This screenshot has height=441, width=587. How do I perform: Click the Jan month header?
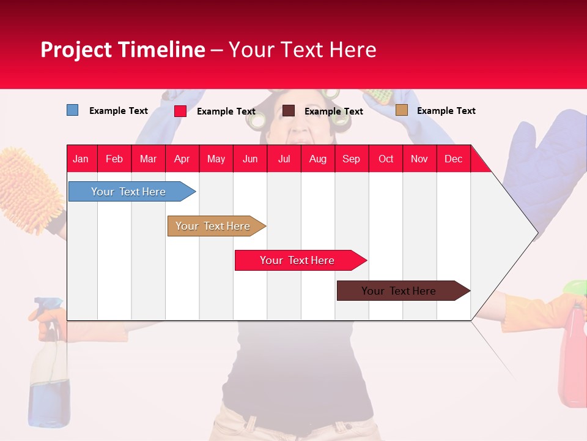(x=81, y=159)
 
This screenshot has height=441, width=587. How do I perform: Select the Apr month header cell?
(x=182, y=159)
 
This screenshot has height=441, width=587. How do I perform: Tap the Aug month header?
(x=317, y=159)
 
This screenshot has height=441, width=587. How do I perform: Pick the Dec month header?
(x=453, y=159)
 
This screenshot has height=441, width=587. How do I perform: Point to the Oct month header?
(x=385, y=159)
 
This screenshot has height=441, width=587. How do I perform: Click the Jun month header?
(x=249, y=159)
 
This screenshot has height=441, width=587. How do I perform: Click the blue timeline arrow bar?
(x=128, y=192)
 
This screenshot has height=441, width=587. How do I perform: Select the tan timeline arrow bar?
(x=213, y=226)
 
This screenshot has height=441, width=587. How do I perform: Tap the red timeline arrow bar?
(x=297, y=260)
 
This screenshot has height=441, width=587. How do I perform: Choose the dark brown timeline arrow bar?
(x=399, y=291)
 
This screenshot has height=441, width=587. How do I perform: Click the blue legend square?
(x=72, y=110)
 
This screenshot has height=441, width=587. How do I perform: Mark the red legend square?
(x=180, y=111)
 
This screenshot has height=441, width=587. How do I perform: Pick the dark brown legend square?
(x=289, y=110)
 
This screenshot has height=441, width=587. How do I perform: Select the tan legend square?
(x=401, y=110)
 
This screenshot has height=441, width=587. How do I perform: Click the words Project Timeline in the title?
(x=122, y=50)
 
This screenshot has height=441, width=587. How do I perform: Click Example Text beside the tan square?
(x=446, y=110)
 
